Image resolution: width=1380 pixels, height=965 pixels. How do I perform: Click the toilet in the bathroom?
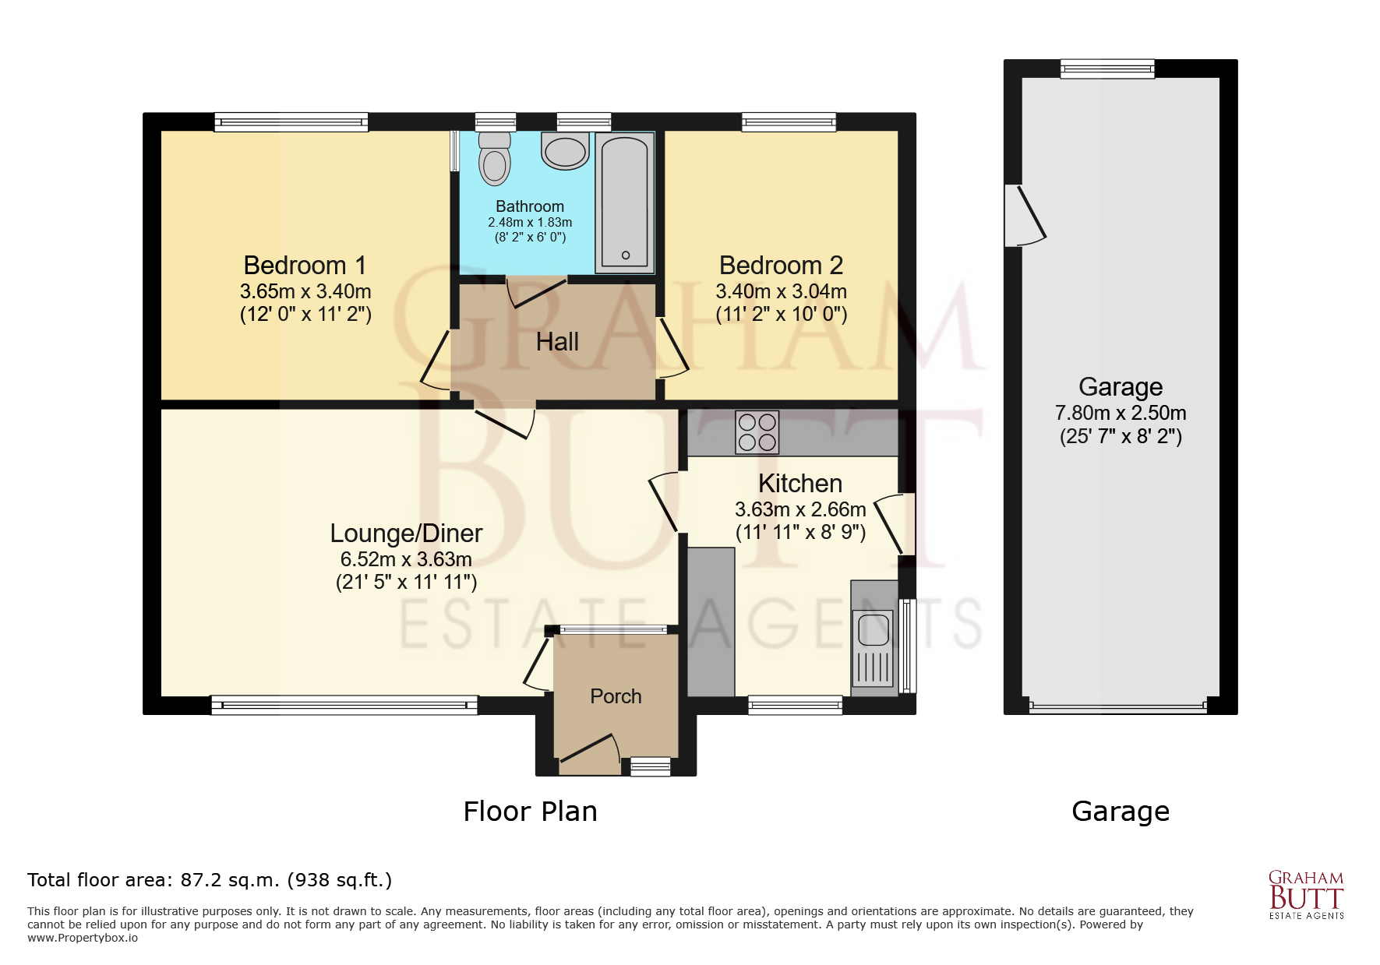[494, 158]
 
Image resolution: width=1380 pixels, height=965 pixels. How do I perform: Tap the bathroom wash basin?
[565, 151]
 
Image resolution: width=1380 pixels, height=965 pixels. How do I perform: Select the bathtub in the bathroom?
[624, 203]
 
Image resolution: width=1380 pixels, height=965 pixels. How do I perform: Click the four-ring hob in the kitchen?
[757, 432]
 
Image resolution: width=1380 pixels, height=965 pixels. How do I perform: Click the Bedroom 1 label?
[305, 266]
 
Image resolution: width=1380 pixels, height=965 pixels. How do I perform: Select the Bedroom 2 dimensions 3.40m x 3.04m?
[782, 291]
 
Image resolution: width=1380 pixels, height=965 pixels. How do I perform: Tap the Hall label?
[557, 342]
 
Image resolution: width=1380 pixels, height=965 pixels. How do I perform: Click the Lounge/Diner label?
[406, 534]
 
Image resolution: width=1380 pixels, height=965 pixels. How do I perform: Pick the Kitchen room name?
[800, 484]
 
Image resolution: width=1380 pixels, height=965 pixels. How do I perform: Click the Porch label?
[616, 696]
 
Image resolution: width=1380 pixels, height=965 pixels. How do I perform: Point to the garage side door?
[1025, 216]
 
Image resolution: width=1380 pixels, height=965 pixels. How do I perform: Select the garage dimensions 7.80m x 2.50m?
[1121, 413]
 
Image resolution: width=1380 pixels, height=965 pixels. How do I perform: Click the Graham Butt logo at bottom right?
[1307, 895]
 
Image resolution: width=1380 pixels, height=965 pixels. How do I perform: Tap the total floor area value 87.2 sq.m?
[230, 880]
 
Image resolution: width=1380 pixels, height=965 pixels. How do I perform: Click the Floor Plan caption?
[530, 812]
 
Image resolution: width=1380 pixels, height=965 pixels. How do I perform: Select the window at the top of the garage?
[1107, 69]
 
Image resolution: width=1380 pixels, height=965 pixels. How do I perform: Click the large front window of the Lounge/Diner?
[344, 705]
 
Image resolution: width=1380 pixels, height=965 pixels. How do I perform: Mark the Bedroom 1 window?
[291, 122]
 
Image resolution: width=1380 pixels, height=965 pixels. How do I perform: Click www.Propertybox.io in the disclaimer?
[83, 938]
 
